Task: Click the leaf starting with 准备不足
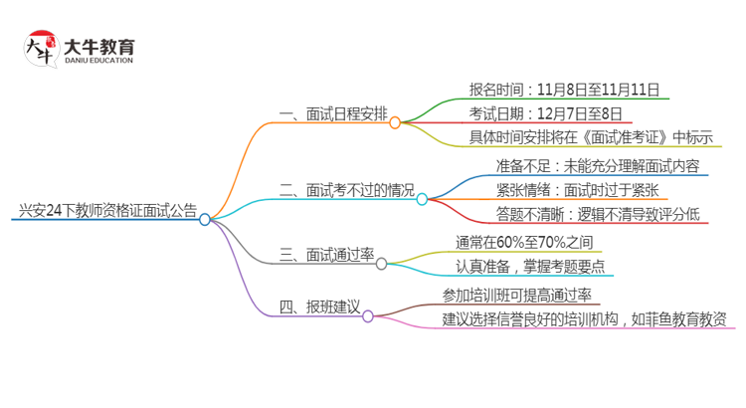pos(597,165)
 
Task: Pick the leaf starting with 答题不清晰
pos(598,213)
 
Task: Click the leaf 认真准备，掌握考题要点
pos(529,266)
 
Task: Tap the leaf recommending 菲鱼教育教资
pos(584,319)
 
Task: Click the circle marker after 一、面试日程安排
pos(395,123)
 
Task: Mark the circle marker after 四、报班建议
pos(368,315)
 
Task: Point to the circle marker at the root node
pos(205,220)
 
